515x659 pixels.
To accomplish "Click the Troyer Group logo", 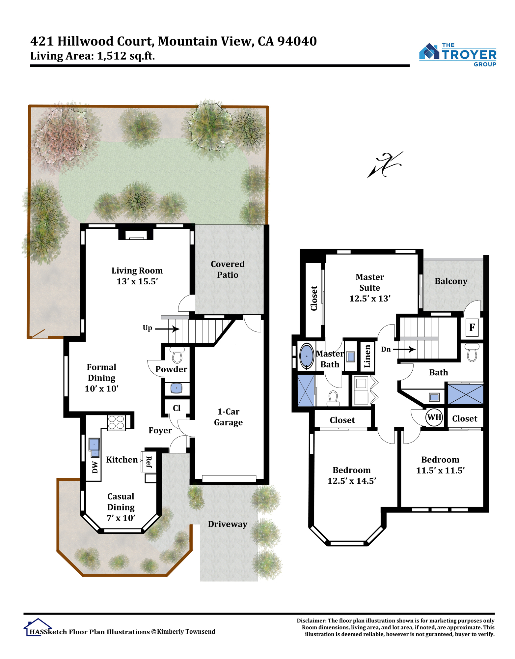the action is click(457, 55).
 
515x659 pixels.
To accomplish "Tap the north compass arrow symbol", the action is click(385, 164).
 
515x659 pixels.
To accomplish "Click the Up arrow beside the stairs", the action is click(168, 329).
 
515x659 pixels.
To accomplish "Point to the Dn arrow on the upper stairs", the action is click(404, 349).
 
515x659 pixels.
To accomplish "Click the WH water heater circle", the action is click(434, 417).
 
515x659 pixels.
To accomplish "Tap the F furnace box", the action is click(472, 327).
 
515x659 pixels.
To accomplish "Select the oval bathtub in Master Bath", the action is click(307, 356).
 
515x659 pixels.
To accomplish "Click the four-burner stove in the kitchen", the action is click(116, 422).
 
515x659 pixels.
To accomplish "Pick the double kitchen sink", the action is click(94, 447).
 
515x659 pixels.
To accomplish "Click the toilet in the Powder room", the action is click(177, 355).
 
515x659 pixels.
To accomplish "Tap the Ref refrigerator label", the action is click(149, 462).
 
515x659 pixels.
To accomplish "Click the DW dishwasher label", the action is click(95, 467).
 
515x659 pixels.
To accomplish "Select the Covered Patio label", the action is click(228, 269).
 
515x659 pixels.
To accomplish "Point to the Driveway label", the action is click(228, 524).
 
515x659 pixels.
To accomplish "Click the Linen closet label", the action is click(367, 356).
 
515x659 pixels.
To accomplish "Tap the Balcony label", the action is click(451, 281).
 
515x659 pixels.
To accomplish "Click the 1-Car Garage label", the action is click(228, 417).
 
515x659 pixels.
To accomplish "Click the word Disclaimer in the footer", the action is click(311, 620).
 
